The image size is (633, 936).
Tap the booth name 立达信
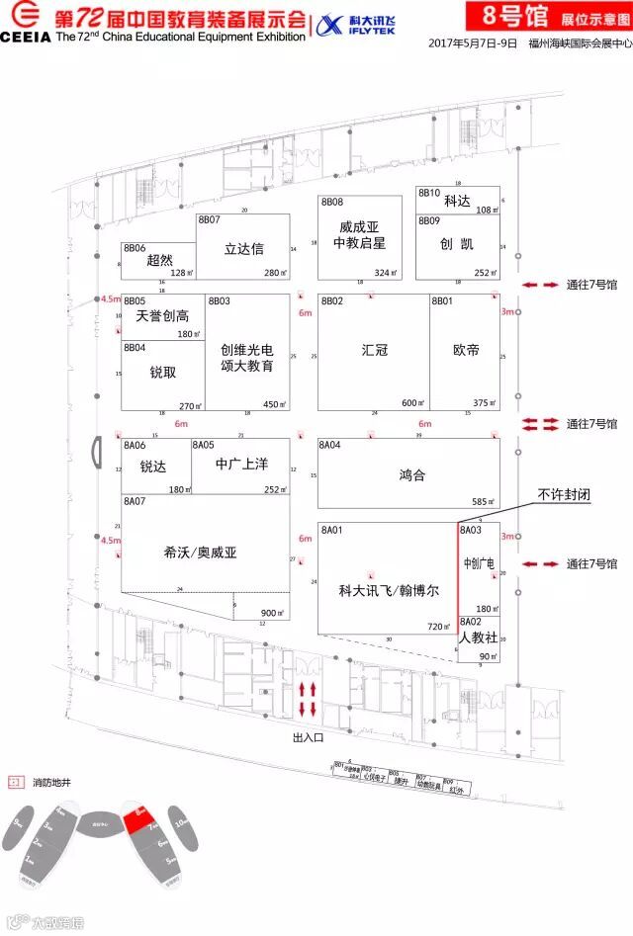tap(244, 248)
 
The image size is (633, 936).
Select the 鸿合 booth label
tap(412, 474)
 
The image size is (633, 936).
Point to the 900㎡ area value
tap(274, 612)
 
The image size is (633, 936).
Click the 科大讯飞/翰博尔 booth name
tap(389, 591)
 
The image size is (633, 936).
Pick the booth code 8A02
tap(470, 622)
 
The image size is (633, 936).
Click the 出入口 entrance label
tap(309, 736)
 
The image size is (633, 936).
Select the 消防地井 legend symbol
tap(15, 782)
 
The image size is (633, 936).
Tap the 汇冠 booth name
tap(374, 349)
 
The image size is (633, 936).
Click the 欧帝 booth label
tap(466, 349)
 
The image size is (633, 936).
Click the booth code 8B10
tap(428, 193)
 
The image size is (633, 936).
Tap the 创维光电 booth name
tap(247, 348)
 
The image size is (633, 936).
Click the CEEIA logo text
tap(27, 37)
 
